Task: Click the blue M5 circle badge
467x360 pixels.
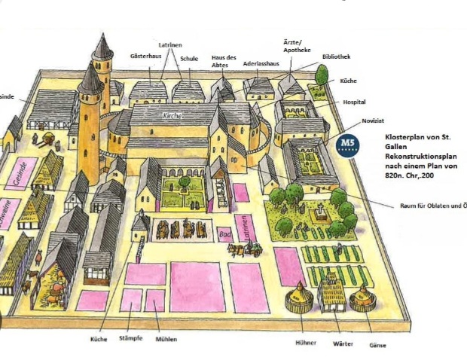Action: click(348, 144)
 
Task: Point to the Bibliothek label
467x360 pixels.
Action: click(335, 56)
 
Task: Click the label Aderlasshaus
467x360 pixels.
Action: click(261, 64)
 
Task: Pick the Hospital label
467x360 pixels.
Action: click(355, 101)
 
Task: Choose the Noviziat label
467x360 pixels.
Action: click(374, 120)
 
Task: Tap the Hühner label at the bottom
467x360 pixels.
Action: click(296, 343)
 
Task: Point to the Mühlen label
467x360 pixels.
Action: click(166, 340)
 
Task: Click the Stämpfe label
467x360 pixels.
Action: click(131, 340)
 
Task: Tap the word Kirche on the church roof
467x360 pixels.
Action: click(173, 117)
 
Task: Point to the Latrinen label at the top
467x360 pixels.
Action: click(171, 44)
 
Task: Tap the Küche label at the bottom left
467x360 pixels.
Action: click(99, 340)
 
